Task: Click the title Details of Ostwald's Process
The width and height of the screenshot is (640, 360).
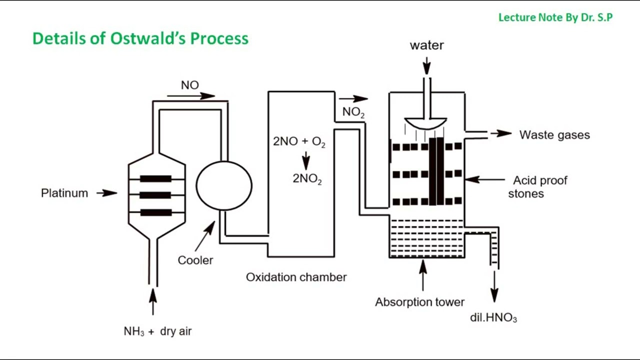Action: tap(140, 38)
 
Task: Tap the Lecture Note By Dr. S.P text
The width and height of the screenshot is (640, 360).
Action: tap(555, 17)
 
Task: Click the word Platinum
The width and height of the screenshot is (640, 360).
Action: tap(64, 193)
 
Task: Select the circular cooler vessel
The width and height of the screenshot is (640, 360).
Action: tap(223, 185)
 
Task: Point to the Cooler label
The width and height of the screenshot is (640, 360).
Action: tap(195, 260)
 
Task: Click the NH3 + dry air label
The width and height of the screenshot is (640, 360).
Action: tap(157, 331)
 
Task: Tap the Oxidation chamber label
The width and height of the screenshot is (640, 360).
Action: tap(296, 277)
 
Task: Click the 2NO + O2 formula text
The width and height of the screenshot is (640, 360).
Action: tap(299, 142)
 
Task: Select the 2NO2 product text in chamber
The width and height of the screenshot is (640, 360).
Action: tap(307, 179)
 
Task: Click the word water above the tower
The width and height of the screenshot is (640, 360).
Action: tap(426, 45)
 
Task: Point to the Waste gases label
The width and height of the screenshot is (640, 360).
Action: tap(554, 135)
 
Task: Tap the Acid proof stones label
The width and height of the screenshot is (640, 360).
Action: tap(537, 186)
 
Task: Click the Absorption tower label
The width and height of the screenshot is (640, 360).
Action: tap(419, 302)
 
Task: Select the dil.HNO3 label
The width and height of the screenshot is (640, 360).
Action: tap(493, 317)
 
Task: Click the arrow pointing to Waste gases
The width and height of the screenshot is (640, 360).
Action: tap(500, 133)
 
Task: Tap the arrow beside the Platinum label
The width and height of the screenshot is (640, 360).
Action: tap(107, 192)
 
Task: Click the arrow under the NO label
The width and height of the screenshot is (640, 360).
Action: tap(191, 96)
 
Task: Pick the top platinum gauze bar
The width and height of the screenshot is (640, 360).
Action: tap(156, 178)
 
